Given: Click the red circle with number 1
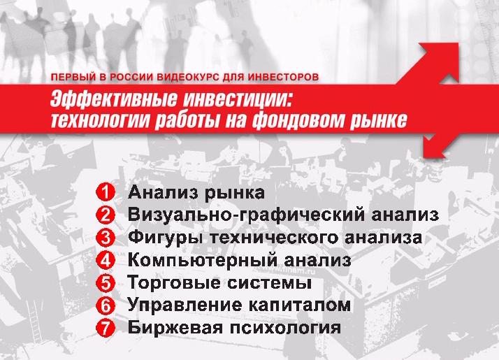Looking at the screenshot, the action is click(105, 192).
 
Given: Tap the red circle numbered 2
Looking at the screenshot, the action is click(105, 215).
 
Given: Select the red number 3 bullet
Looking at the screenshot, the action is click(105, 238).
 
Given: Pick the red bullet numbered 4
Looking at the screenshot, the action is click(105, 260).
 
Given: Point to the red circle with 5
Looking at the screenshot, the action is click(105, 282).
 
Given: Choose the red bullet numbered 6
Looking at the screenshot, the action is click(105, 305).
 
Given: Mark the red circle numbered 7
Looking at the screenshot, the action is click(105, 328).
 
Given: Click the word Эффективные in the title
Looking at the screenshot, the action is click(114, 99).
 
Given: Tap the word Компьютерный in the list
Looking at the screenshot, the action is click(203, 260).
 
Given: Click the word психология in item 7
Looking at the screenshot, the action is click(285, 328).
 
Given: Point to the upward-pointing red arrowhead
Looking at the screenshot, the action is click(441, 61).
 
